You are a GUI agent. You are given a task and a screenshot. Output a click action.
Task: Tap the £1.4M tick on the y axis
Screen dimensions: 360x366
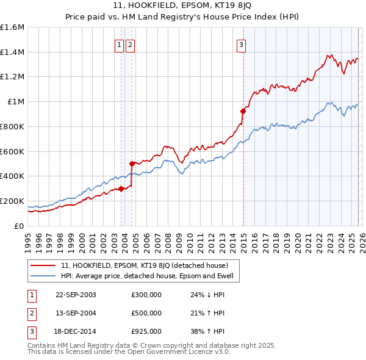[12, 52]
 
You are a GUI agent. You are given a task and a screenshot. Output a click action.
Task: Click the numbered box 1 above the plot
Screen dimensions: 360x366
[120, 44]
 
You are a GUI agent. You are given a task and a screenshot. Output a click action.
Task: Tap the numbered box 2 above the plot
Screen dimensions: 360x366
[131, 44]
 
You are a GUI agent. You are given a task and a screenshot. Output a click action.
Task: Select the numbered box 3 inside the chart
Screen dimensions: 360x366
[242, 44]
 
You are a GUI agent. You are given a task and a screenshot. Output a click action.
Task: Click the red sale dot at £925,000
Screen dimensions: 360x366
[243, 111]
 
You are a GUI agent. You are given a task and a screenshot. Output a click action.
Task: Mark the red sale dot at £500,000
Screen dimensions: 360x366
[132, 164]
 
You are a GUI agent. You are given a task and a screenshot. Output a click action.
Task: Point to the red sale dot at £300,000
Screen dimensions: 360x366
[121, 189]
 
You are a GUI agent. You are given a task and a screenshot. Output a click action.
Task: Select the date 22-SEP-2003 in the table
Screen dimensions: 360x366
[76, 295]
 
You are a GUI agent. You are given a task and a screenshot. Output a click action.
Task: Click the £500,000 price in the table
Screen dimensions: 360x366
[146, 313]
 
